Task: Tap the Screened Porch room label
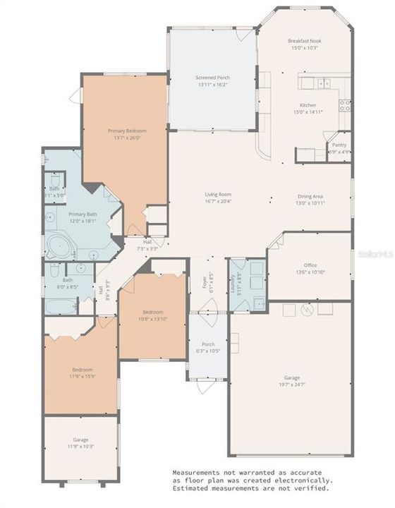tap(212, 78)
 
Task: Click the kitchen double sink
tap(315, 83)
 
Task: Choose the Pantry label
tap(340, 145)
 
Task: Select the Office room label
tap(311, 265)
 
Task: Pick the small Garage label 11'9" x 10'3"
tap(81, 443)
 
